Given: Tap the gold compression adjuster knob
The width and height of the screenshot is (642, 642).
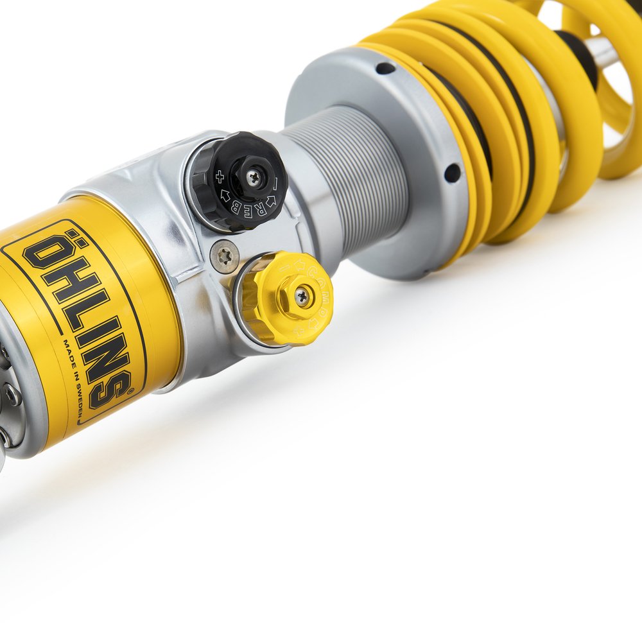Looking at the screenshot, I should pos(286,298).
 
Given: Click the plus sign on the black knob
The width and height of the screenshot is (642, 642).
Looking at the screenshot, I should pos(220,175).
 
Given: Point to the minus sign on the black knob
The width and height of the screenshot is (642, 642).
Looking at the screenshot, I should pos(275,184).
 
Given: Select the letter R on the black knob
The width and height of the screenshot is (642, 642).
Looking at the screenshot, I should pos(255,207).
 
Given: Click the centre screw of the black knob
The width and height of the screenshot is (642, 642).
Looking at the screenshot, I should pos(254,177).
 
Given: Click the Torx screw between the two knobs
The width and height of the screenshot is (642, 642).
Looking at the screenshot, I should pos(225,257).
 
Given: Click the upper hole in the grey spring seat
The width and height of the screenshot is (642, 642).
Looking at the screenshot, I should pos(385,67).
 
